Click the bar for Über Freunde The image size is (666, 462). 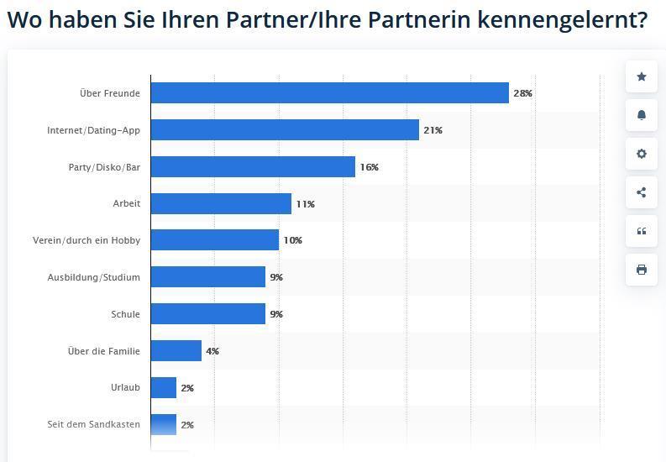[x=330, y=93]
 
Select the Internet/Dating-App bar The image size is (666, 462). [x=285, y=130]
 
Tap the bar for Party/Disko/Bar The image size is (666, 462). [x=253, y=167]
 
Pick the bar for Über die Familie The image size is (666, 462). [x=176, y=351]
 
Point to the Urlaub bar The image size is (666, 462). [x=164, y=388]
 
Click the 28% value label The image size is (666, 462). [x=522, y=93]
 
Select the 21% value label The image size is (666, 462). [x=433, y=130]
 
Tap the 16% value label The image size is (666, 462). [x=369, y=167]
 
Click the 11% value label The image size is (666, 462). [x=305, y=204]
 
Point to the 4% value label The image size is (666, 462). [x=212, y=351]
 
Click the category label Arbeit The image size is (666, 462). [x=126, y=204]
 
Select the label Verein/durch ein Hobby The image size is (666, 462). [x=87, y=241]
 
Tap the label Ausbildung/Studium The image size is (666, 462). [x=93, y=277]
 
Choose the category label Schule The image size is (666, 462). [x=125, y=314]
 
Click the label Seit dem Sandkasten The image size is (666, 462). [x=93, y=425]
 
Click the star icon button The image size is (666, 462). [x=642, y=77]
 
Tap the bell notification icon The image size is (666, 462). [x=642, y=116]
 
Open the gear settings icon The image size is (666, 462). [x=642, y=155]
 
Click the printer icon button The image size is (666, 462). [x=642, y=270]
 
